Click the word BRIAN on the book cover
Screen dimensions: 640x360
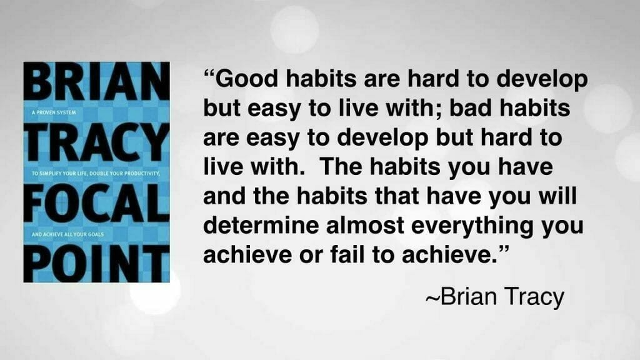[x=97, y=81]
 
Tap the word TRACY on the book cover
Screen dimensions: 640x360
[x=97, y=142]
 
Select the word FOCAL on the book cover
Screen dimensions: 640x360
[x=97, y=203]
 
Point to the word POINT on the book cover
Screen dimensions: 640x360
[x=97, y=263]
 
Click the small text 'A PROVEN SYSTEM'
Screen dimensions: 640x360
[x=54, y=112]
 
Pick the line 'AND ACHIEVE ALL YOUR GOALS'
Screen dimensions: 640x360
[x=67, y=234]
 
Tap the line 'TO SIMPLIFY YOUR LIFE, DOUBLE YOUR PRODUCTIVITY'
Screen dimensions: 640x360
[x=96, y=174]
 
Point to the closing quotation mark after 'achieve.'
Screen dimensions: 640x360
[x=504, y=249]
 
